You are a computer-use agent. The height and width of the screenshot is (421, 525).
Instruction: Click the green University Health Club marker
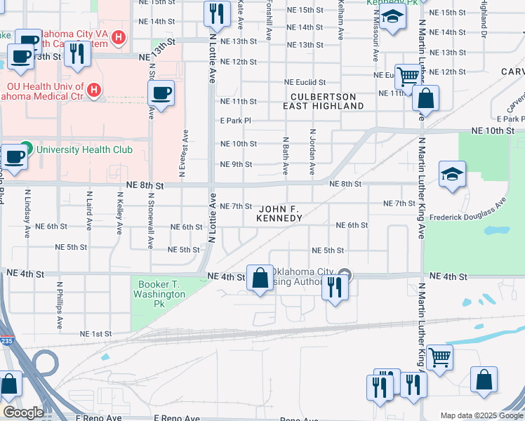26,149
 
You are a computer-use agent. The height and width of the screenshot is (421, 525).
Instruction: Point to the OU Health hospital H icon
93,90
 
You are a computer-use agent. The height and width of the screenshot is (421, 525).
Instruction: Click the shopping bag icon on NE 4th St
260,278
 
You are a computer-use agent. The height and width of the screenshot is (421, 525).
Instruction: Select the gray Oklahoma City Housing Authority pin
343,274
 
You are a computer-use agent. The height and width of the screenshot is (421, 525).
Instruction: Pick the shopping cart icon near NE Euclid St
407,76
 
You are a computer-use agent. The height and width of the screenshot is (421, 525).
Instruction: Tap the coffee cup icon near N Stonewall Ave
161,93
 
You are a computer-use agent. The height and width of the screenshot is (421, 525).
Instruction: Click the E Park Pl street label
236,121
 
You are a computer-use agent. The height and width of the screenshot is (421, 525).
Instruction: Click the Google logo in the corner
23,413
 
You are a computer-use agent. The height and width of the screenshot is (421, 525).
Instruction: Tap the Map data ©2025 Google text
481,415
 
